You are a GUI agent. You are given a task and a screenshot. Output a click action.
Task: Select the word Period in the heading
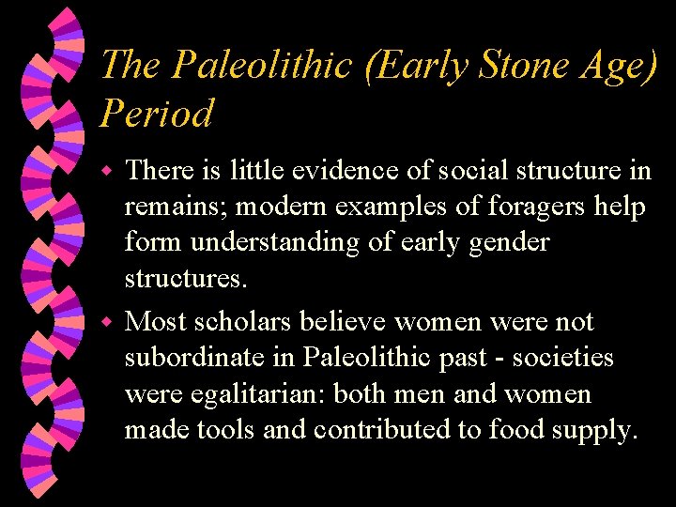pos(156,114)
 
